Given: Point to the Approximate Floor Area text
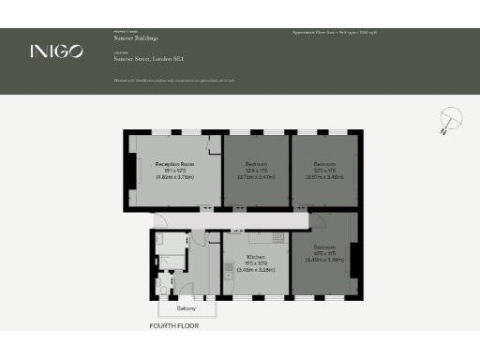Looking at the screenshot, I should pos(336,33).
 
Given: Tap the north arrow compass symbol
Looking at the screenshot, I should pos(451,120).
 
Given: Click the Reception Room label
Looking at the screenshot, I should pos(174,163).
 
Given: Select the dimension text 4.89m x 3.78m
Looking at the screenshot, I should pos(174,175).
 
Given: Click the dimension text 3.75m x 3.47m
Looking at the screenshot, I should pos(255,175).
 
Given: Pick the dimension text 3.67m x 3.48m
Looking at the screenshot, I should pos(324,175).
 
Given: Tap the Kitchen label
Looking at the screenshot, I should pos(255,256).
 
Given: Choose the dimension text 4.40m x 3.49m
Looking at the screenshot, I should pos(324,260).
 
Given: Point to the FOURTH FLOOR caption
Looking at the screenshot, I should pos(174,326).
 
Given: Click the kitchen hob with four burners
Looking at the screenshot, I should pos(278,238).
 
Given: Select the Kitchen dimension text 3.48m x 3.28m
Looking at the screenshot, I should pos(255,269).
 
